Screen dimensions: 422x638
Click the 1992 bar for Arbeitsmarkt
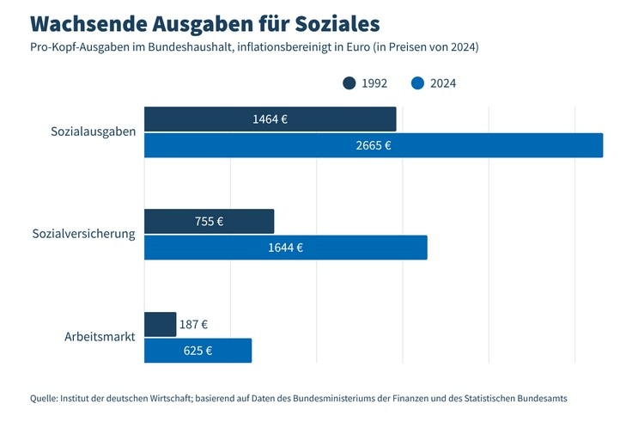(x=160, y=325)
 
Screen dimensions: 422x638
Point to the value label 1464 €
(x=270, y=119)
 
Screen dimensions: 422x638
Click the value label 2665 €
(x=373, y=145)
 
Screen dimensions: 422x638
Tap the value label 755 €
(x=209, y=222)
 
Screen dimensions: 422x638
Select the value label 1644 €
(x=285, y=248)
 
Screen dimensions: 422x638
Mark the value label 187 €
(x=193, y=325)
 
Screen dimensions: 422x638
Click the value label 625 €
(x=197, y=351)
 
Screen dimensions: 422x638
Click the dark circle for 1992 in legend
(x=349, y=83)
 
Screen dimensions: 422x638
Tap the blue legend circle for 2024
(x=418, y=83)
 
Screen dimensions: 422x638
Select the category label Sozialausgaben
(x=93, y=132)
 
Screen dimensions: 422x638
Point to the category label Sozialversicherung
(x=83, y=234)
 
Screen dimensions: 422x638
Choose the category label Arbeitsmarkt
(x=100, y=337)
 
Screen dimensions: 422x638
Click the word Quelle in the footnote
(x=43, y=398)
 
